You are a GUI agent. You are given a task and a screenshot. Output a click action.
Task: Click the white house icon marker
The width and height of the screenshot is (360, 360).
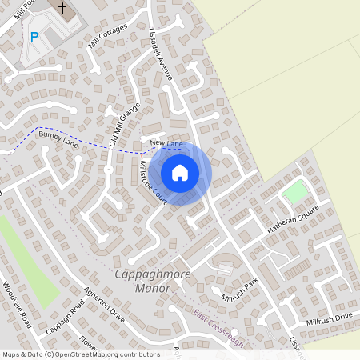click(x=180, y=172)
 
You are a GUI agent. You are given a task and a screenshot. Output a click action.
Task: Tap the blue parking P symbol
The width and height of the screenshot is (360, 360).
click(x=34, y=36)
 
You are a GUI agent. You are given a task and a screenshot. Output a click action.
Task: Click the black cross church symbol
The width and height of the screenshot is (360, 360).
click(x=62, y=7)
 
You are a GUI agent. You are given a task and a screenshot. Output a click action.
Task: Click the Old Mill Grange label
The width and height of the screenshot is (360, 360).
click(x=124, y=125)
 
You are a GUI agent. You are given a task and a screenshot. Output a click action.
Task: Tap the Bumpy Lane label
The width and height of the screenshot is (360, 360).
click(x=66, y=142)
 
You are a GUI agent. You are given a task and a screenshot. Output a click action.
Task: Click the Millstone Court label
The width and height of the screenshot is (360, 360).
click(x=152, y=182)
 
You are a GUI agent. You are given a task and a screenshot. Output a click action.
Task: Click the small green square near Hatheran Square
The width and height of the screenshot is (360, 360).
click(x=295, y=192)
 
